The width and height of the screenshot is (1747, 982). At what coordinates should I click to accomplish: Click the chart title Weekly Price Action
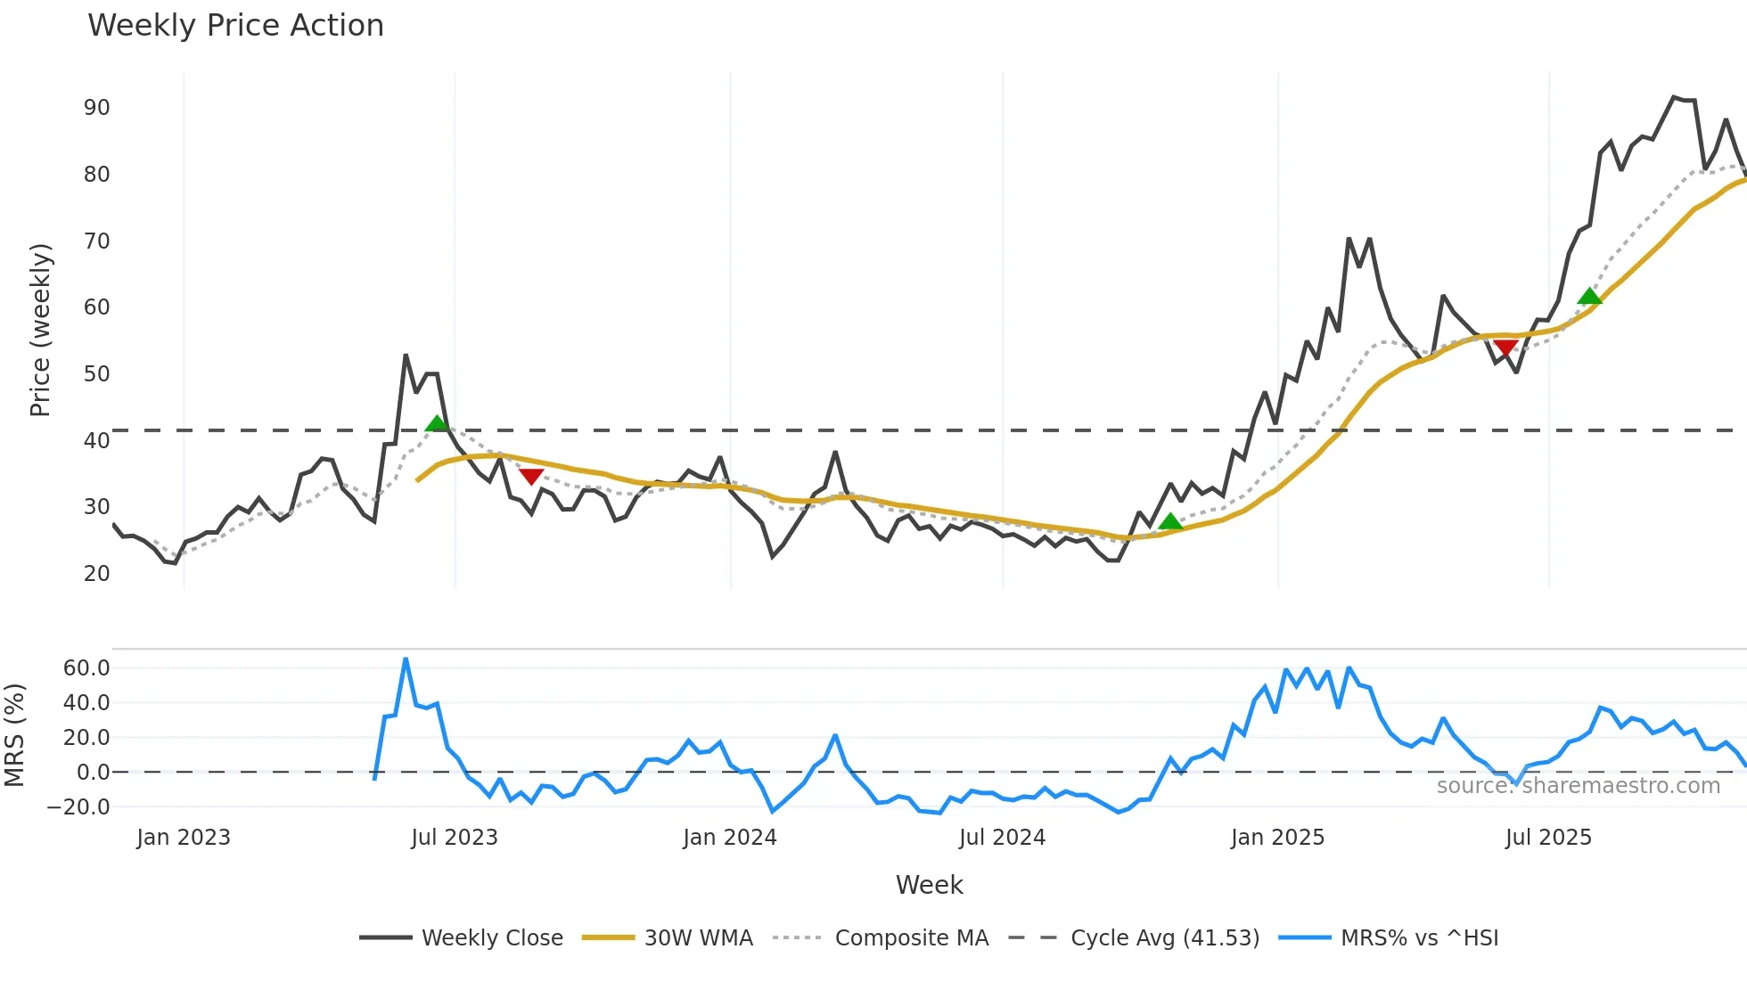coord(235,26)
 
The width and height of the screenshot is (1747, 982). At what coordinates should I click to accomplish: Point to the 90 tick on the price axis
coord(97,108)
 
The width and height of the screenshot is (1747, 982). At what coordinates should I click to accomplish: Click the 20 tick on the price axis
coord(97,574)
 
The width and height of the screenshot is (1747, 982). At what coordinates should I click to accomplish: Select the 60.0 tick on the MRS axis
coord(86,668)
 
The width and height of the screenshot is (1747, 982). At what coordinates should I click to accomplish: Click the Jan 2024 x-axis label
coord(730,838)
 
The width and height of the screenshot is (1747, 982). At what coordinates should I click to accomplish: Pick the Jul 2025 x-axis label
coord(1548,838)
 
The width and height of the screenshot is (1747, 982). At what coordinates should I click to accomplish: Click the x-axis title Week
coord(929,885)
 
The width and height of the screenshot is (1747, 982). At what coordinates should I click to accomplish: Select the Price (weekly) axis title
coord(41,330)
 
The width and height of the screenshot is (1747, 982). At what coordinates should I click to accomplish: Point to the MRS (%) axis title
coord(14,735)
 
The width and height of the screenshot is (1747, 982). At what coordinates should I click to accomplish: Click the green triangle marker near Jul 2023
coord(437,423)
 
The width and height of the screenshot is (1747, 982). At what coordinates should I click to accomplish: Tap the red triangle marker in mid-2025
coord(1505,348)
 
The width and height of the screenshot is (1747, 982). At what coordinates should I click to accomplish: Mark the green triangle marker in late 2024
coord(1170,521)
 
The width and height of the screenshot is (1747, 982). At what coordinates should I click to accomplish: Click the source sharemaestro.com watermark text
coord(1578,786)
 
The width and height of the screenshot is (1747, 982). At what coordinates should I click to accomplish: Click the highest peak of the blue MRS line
coord(406,659)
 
